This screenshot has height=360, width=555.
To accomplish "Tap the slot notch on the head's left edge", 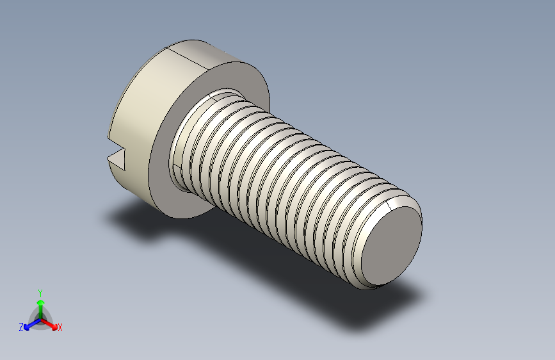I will click(x=116, y=156).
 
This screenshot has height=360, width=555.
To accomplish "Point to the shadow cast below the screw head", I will click(x=134, y=221).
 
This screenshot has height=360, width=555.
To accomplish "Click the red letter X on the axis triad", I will click(x=60, y=327).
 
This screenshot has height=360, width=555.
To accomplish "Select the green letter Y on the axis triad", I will click(x=40, y=291).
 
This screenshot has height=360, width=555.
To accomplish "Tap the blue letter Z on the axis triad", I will click(x=20, y=327).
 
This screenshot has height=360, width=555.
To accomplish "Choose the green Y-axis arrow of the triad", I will click(x=40, y=304).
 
